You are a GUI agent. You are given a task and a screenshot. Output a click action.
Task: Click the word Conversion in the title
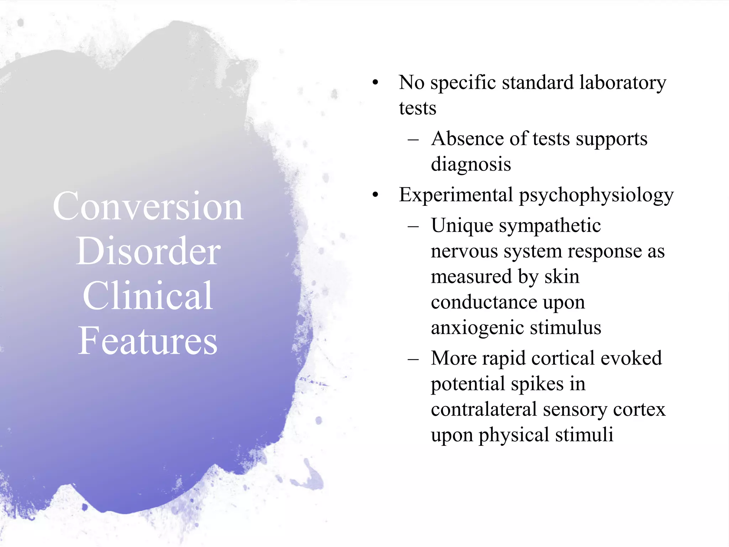(148, 207)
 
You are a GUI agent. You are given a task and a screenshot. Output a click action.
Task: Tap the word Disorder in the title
(148, 251)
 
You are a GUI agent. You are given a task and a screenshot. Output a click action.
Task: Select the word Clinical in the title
(148, 296)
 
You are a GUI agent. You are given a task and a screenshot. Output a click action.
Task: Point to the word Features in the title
(147, 341)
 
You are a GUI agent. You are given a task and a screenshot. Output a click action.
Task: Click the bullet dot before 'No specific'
(375, 83)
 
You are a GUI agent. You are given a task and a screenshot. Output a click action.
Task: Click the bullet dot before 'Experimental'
(375, 195)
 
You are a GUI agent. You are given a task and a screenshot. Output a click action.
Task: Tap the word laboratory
(623, 83)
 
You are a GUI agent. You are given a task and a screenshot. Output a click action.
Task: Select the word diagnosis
(471, 164)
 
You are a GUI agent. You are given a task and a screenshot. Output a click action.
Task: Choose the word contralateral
(484, 409)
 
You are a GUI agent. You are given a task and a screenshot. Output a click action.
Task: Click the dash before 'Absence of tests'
(413, 139)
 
